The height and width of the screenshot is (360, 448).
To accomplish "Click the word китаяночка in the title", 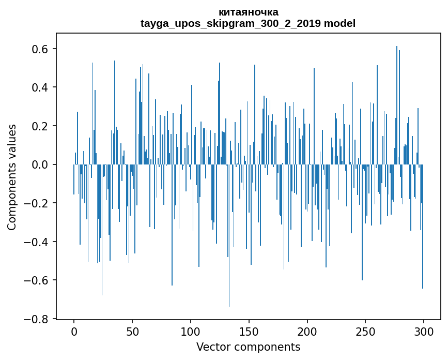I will tap(248, 12).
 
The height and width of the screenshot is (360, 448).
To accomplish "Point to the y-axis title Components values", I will tap(12, 177).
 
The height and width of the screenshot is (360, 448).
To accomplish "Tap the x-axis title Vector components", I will tap(248, 347).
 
